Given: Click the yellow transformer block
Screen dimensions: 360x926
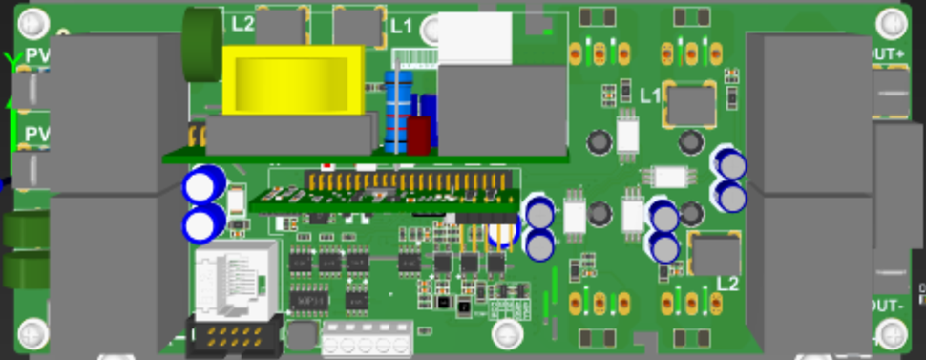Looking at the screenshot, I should tap(296, 80).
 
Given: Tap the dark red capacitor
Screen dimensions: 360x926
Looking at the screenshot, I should tap(419, 135).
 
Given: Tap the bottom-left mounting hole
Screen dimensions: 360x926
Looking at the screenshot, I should tap(32, 333).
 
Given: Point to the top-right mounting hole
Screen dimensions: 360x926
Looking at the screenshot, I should tap(892, 22).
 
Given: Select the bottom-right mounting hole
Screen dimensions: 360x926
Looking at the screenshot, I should tap(892, 333).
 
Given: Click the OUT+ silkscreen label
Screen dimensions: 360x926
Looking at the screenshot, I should tap(888, 54).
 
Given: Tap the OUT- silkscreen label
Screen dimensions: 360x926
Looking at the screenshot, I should tap(887, 307).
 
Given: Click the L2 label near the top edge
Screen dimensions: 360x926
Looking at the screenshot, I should tap(242, 22).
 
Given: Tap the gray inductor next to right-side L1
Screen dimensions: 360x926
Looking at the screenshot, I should tap(691, 104).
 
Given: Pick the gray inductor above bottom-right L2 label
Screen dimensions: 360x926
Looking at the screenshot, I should tap(716, 255).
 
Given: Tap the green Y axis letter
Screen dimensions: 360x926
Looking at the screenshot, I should tap(11, 61).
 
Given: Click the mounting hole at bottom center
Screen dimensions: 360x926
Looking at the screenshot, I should tap(507, 333).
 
